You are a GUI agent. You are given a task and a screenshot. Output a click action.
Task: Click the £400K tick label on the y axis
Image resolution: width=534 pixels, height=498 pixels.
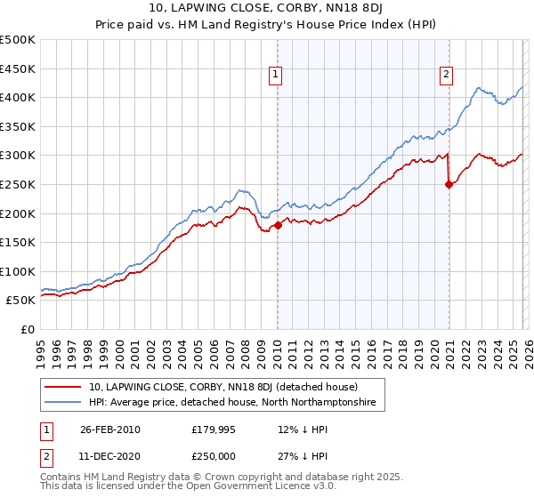18,97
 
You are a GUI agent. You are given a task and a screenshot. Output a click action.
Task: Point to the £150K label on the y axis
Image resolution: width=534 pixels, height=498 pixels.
18,242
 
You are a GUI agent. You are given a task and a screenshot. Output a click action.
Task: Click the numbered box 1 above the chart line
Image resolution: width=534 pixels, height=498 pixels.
277,76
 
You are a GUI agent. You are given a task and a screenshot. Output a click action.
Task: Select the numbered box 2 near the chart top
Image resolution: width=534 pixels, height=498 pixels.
446,76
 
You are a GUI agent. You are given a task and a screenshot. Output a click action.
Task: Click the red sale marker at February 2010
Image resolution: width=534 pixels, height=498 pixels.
278,225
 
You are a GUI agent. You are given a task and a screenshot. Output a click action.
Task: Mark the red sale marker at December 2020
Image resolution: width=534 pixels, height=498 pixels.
449,184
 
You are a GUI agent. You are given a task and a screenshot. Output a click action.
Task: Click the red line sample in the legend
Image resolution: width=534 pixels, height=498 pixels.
63,387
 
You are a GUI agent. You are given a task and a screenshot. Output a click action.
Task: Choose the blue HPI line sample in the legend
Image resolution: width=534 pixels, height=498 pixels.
63,403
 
